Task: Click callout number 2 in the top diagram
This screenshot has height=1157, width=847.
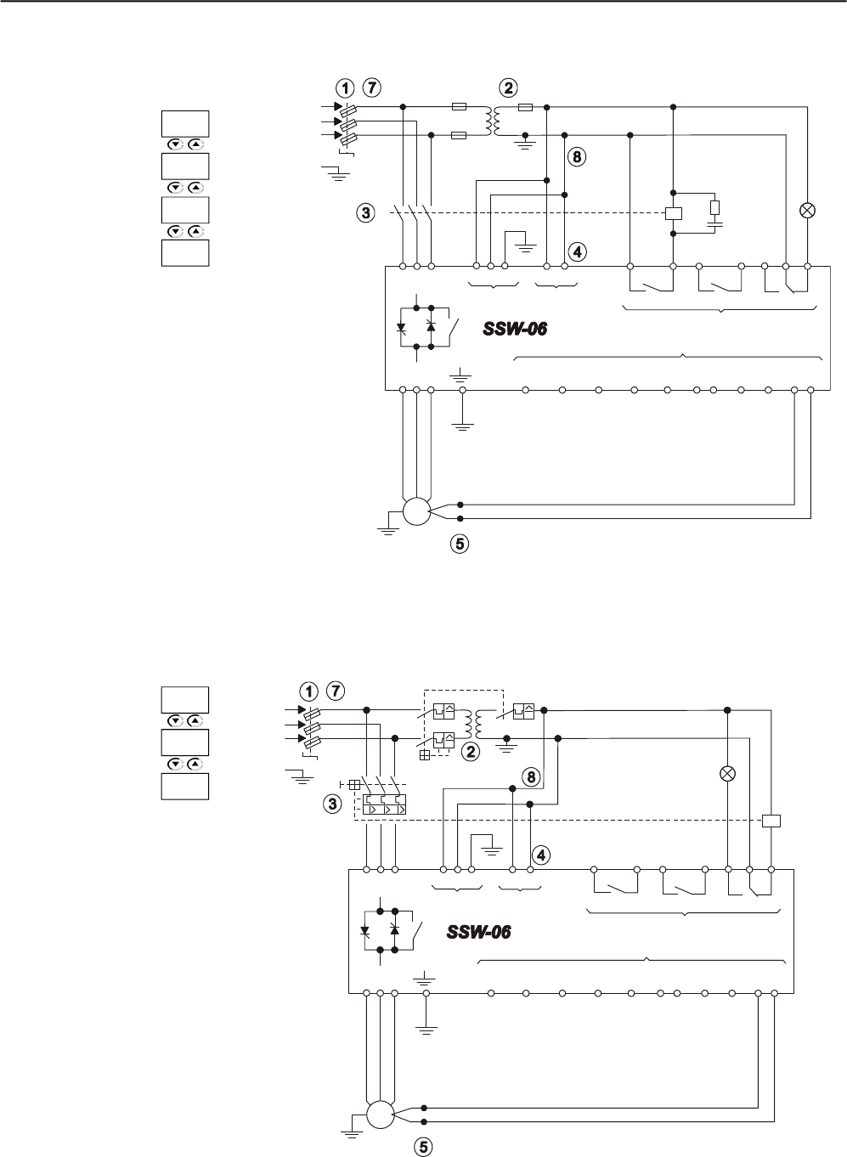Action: point(509,87)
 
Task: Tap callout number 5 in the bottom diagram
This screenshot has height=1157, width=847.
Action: point(423,1147)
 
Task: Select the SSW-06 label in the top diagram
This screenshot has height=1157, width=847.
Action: point(515,329)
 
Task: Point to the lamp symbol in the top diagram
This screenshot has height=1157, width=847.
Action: point(807,210)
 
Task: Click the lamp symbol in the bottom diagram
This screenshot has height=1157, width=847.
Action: point(728,773)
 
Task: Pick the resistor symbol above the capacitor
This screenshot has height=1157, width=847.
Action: point(714,207)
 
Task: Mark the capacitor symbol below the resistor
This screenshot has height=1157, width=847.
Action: point(714,224)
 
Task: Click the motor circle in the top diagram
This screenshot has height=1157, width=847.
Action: point(416,511)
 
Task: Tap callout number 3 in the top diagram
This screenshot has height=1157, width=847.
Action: point(365,213)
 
